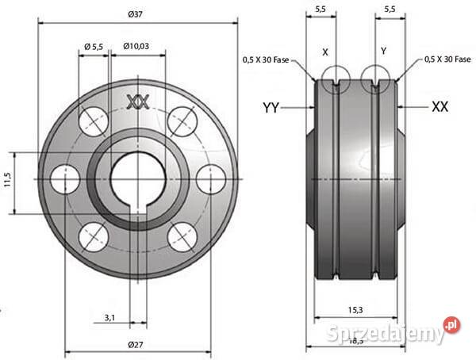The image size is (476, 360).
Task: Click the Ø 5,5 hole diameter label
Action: pyautogui.click(x=94, y=47)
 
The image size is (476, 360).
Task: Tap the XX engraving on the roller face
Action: pyautogui.click(x=138, y=101)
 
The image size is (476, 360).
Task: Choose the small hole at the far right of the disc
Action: pyautogui.click(x=211, y=179)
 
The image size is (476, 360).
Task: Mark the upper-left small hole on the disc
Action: pyautogui.click(x=94, y=121)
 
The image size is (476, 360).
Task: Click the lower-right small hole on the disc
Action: pyautogui.click(x=182, y=236)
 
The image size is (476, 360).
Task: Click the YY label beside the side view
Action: pyautogui.click(x=271, y=108)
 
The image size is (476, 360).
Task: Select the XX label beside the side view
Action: pyautogui.click(x=440, y=106)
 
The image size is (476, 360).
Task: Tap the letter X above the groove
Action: pyautogui.click(x=325, y=52)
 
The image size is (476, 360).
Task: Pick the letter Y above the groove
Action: pyautogui.click(x=384, y=52)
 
